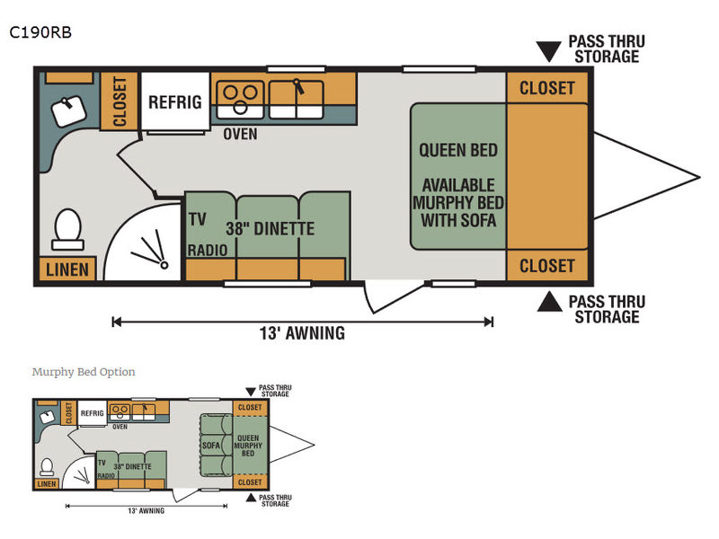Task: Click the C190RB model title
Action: pyautogui.click(x=40, y=32)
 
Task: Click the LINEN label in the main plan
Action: pyautogui.click(x=67, y=269)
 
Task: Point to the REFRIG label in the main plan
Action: pyautogui.click(x=174, y=102)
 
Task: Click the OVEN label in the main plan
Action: pyautogui.click(x=240, y=134)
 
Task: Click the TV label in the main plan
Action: pyautogui.click(x=198, y=217)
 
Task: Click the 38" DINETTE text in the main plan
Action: pyautogui.click(x=271, y=229)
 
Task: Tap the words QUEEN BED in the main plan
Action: pyautogui.click(x=458, y=150)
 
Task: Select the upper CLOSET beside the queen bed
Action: pyautogui.click(x=546, y=88)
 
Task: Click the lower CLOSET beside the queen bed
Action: pyautogui.click(x=546, y=266)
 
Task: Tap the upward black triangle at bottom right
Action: pyautogui.click(x=547, y=302)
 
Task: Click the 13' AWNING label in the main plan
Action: pyautogui.click(x=302, y=333)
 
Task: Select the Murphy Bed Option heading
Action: pyautogui.click(x=84, y=372)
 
